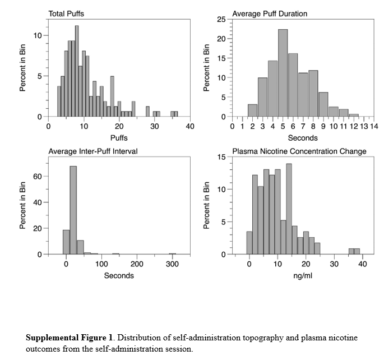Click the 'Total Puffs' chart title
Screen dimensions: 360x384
66,13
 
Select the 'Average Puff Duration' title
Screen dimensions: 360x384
270,13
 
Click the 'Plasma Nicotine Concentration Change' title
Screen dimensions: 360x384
299,151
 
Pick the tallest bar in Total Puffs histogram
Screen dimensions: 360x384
77,71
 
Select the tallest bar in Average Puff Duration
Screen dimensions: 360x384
283,73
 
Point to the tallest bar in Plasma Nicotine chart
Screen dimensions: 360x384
289,209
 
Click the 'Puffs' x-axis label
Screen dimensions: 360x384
119,137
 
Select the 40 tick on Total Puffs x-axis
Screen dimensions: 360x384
190,127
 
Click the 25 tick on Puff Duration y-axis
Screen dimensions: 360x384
222,20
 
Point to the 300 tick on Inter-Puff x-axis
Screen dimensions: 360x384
172,264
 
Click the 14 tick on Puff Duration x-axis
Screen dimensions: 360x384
373,127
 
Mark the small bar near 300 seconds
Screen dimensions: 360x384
173,253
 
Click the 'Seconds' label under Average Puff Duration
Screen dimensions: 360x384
303,137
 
